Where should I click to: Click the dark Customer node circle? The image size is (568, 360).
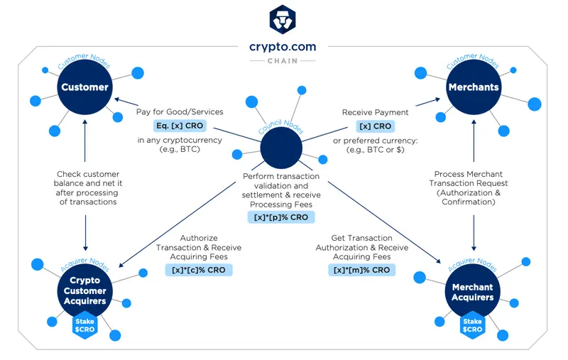(84, 87)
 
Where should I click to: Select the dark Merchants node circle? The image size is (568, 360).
(474, 87)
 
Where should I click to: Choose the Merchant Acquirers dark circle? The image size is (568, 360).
(473, 292)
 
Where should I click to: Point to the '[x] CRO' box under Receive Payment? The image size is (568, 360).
(375, 126)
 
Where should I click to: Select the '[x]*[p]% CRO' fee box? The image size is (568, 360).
(281, 217)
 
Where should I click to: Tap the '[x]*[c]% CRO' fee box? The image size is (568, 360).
(199, 271)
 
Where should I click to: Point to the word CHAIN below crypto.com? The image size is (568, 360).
(282, 61)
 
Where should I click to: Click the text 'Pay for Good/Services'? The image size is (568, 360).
(180, 112)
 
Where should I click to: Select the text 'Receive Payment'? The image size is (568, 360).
(375, 112)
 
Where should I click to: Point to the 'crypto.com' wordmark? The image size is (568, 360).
(282, 48)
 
